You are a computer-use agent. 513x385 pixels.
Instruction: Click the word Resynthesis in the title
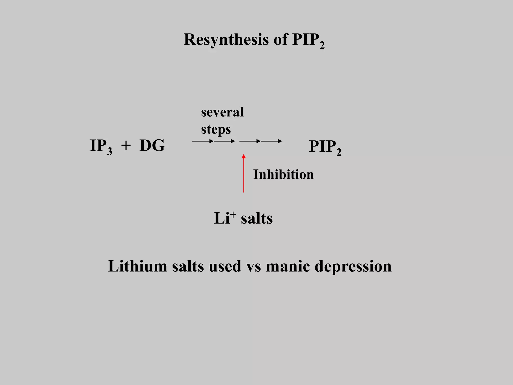click(x=226, y=40)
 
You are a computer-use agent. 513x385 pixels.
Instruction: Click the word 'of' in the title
click(x=281, y=40)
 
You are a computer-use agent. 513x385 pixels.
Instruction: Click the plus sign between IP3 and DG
click(x=126, y=145)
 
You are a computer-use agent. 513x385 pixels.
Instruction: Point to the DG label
click(x=152, y=146)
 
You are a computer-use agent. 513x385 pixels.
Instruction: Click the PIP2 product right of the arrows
click(x=325, y=147)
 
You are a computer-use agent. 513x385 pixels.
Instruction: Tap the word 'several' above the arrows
click(x=222, y=112)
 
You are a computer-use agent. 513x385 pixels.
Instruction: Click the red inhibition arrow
click(x=243, y=175)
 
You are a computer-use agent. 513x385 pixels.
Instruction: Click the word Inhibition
click(x=283, y=174)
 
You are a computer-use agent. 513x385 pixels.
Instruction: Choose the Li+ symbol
click(x=225, y=217)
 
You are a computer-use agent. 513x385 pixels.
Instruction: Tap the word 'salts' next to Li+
click(x=256, y=218)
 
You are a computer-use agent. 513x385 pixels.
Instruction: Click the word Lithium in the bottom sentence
click(x=138, y=266)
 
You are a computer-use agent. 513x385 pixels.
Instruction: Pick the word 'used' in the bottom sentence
click(x=225, y=266)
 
